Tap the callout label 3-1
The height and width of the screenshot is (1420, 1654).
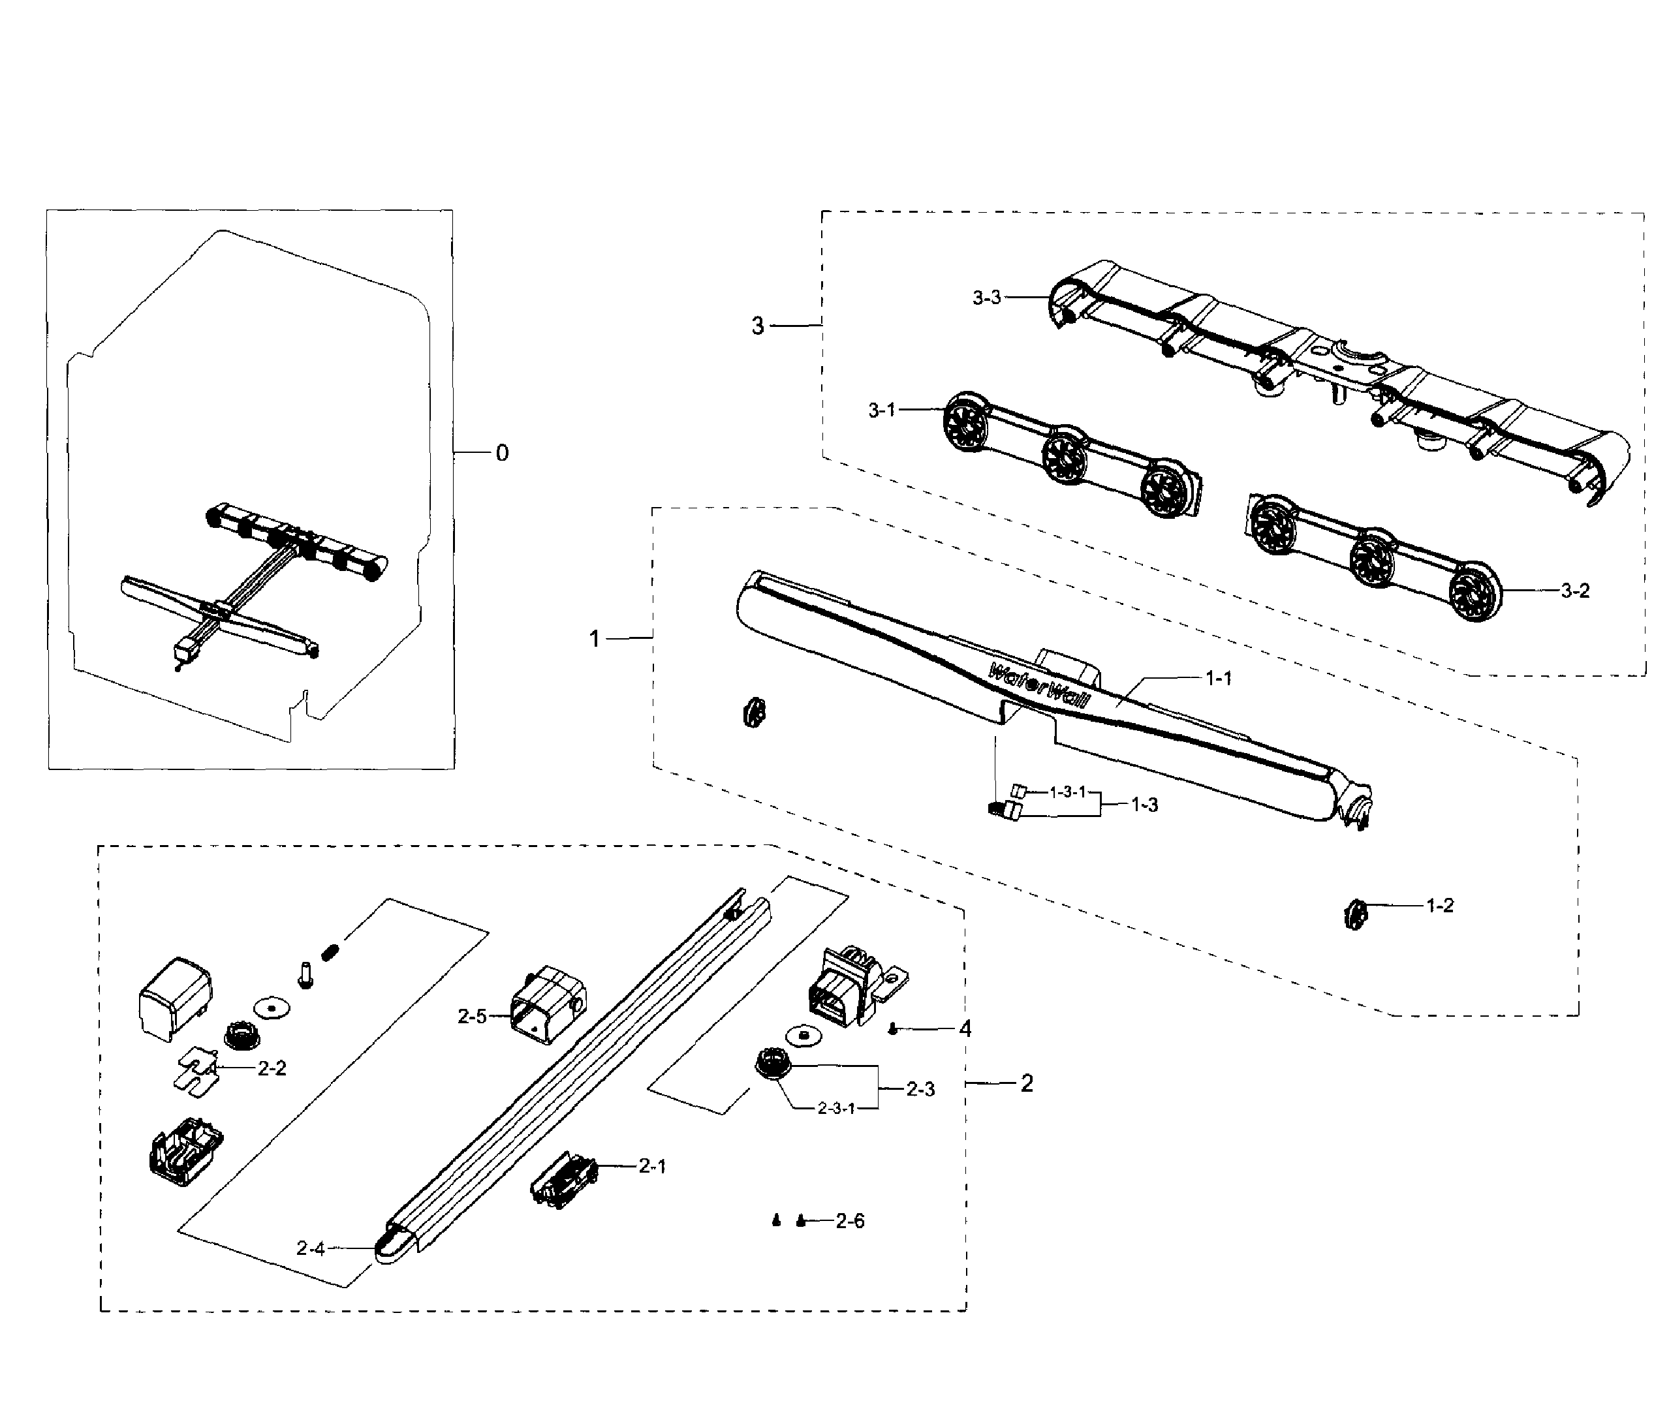pos(881,410)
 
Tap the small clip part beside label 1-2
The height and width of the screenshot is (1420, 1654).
pos(1354,915)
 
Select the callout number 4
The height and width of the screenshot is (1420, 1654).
pos(965,1030)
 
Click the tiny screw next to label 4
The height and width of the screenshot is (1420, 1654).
pos(894,1030)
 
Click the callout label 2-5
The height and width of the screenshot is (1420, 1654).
pos(472,1016)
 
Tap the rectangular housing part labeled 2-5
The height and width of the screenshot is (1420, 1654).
pos(548,1004)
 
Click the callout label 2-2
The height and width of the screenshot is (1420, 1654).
pos(272,1068)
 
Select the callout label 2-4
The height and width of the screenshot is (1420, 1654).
pos(311,1248)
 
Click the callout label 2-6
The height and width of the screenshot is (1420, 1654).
pos(849,1220)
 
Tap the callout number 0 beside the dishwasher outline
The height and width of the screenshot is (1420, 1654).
pos(501,454)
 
